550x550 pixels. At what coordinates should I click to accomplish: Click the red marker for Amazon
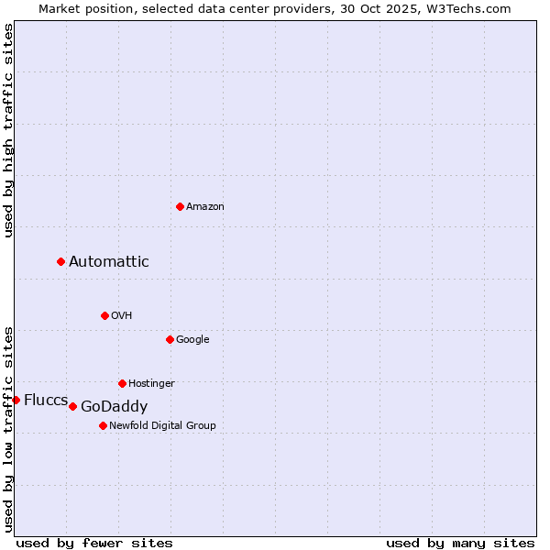coord(180,206)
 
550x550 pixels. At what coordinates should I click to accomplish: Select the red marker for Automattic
coord(61,261)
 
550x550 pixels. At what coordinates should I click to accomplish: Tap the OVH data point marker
coord(104,315)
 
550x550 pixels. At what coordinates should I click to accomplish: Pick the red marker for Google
coord(170,339)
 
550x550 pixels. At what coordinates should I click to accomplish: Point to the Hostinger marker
coord(122,383)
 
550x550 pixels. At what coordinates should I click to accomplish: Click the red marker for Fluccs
coord(16,400)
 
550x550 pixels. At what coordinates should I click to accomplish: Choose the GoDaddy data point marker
coord(72,406)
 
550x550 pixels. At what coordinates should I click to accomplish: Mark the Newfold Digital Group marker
coord(103,425)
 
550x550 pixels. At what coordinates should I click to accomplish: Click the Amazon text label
coord(205,206)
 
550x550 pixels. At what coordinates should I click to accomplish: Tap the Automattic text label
coord(109,262)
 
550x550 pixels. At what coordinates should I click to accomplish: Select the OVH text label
coord(122,315)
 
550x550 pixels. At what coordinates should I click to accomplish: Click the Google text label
coord(192,339)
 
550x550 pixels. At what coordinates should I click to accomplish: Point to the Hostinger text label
coord(151,383)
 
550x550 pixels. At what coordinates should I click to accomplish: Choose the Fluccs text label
coord(46,400)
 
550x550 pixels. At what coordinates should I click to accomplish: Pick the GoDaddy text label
coord(115,407)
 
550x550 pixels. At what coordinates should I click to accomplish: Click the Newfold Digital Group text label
coord(162,425)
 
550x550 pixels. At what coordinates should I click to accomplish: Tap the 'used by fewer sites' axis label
coord(94,543)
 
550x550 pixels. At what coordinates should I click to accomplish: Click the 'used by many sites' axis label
coord(460,543)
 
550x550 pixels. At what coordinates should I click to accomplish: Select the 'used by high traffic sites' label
coord(8,130)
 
